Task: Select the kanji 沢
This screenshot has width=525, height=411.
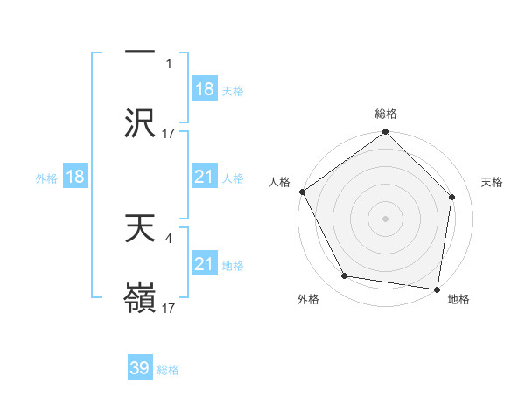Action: click(x=140, y=123)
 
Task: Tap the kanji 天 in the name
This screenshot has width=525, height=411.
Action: click(x=140, y=228)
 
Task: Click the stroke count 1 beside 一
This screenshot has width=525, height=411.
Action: click(x=170, y=64)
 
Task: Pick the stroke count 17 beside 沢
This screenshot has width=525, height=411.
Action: click(x=170, y=134)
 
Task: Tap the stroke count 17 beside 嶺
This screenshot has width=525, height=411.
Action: click(x=170, y=308)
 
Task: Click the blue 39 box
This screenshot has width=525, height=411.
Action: click(x=140, y=368)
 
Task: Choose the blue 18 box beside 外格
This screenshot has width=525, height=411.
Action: click(x=75, y=177)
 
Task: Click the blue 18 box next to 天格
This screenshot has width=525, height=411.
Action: click(x=205, y=89)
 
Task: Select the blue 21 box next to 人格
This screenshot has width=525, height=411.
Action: click(x=205, y=177)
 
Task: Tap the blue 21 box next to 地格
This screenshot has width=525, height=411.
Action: click(x=205, y=264)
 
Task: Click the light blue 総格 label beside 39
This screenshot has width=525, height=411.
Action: click(x=169, y=370)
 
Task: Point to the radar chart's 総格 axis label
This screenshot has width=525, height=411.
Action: click(x=386, y=114)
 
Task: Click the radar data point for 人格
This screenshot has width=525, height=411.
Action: click(x=302, y=192)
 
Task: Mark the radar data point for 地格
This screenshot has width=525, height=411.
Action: click(x=437, y=289)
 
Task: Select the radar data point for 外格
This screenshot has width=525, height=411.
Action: click(x=345, y=276)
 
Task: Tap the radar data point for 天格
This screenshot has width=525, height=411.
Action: click(x=452, y=197)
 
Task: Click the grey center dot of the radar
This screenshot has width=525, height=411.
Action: click(x=386, y=218)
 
